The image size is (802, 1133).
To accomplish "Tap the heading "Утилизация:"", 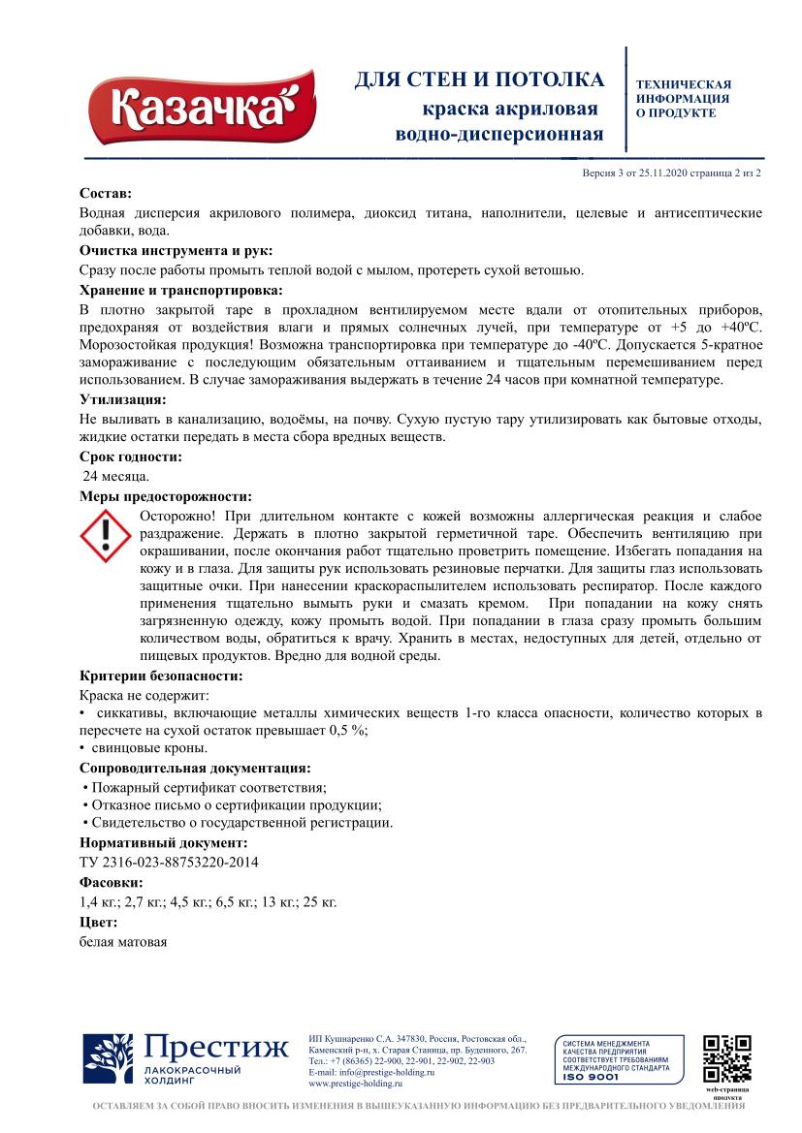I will [x=122, y=399].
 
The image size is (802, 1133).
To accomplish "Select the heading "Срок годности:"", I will [x=130, y=456].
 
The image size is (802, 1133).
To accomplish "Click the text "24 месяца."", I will [x=115, y=476].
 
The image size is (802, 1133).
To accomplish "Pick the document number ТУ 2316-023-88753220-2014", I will [x=169, y=862].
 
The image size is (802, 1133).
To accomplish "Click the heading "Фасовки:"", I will [x=111, y=883].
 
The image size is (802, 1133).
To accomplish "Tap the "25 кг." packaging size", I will [x=320, y=902].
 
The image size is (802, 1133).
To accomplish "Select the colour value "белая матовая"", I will [x=123, y=941].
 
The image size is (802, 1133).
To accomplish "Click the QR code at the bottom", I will [x=727, y=1059].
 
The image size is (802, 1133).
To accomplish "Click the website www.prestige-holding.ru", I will [x=354, y=1084].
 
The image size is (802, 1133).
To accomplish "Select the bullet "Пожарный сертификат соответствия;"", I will [x=206, y=787].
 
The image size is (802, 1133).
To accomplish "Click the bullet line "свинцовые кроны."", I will [x=148, y=748].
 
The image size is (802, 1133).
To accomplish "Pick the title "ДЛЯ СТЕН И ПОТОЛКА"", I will [x=478, y=80].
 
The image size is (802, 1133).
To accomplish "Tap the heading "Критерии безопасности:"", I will [x=160, y=676].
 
